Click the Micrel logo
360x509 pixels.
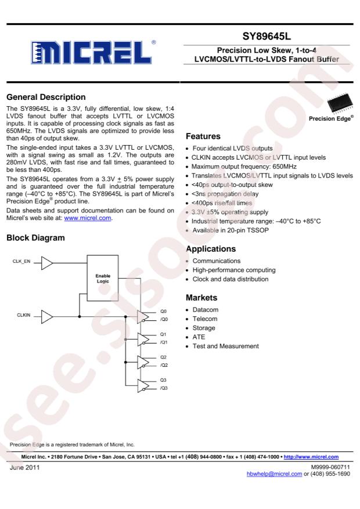pos(93,52)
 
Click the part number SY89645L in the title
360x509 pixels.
pos(267,37)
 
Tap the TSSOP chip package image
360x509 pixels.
pos(340,103)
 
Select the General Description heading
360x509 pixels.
pos(46,97)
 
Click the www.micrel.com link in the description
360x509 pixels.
pos(88,218)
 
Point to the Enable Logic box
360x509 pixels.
pos(103,278)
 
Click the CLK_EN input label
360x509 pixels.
pos(21,261)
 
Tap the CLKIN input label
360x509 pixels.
pos(24,315)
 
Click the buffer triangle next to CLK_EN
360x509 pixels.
pos(47,263)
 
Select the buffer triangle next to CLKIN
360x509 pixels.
pos(47,317)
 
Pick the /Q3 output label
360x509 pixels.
pos(164,388)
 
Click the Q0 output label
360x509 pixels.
pos(163,311)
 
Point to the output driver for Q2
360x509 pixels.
pos(143,363)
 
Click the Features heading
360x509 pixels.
pos(203,136)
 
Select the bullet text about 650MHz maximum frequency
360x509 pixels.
pos(244,167)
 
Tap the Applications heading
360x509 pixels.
pos(211,249)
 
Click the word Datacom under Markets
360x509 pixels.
pos(206,310)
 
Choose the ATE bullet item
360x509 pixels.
pos(199,337)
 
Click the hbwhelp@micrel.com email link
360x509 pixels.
pos(274,474)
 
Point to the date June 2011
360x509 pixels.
pos(24,467)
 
